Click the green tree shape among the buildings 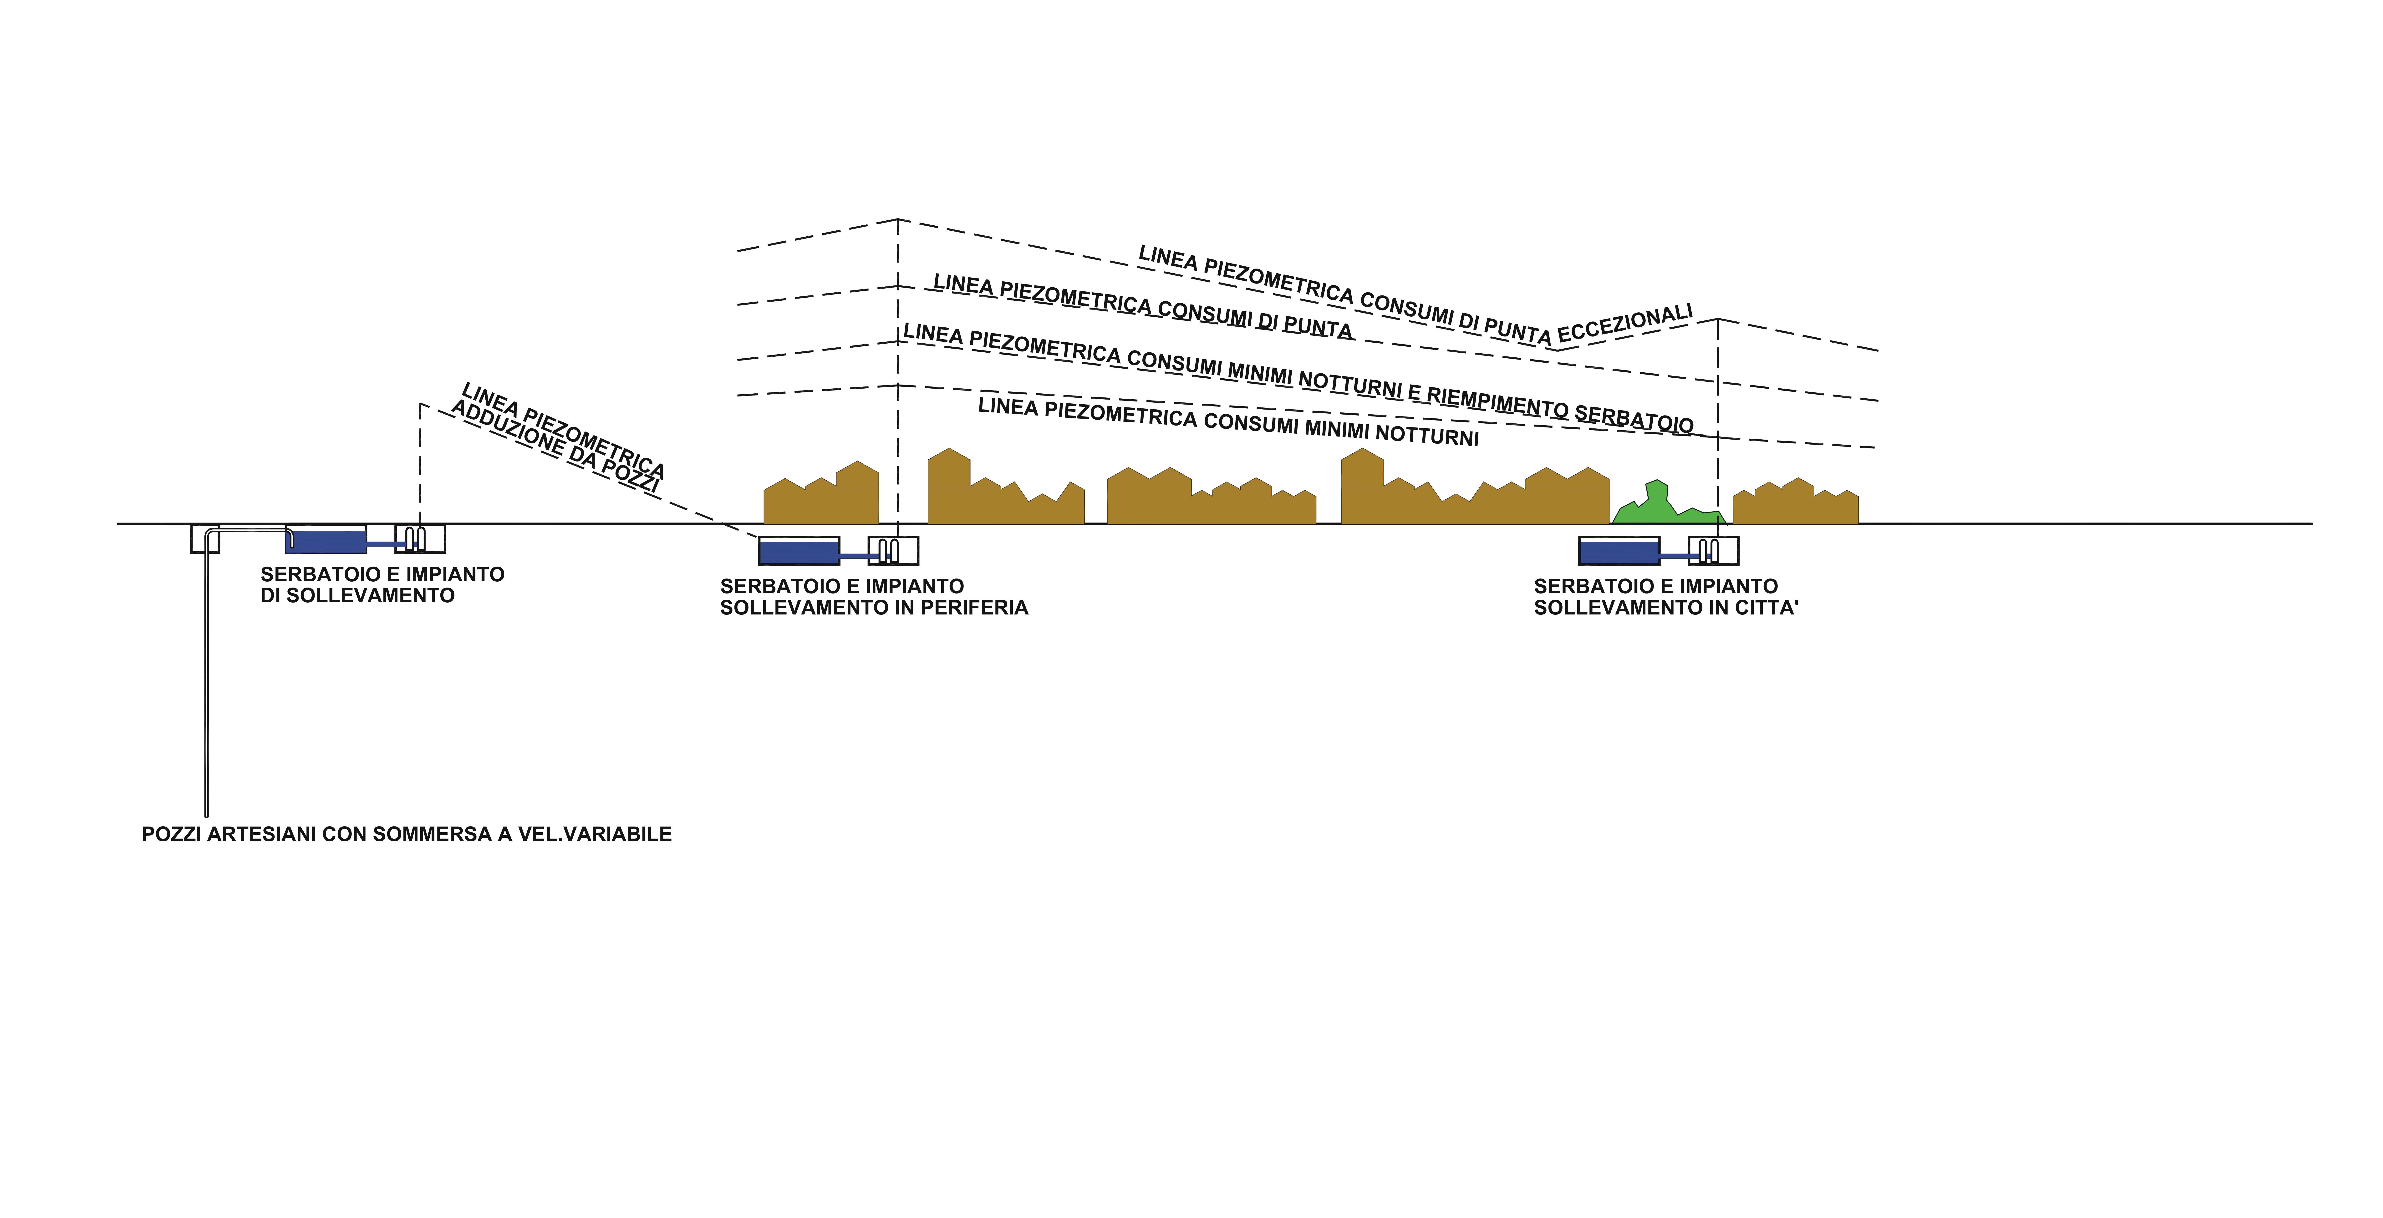(1665, 504)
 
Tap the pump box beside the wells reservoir (420, 538)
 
